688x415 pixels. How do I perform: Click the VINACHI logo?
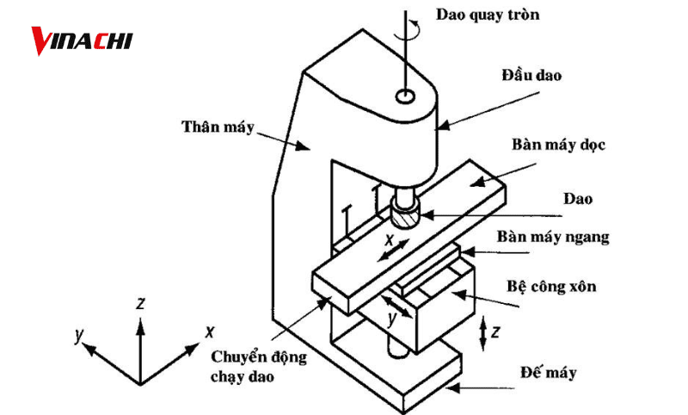[82, 40]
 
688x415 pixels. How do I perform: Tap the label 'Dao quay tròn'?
[488, 15]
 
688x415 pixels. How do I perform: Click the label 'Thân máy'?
[218, 127]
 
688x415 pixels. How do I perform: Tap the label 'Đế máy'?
[548, 373]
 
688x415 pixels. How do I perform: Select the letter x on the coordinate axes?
[210, 331]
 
